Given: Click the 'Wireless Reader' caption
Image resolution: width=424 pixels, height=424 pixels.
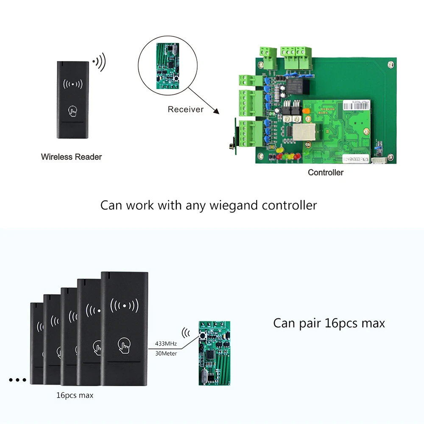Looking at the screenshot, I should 71,157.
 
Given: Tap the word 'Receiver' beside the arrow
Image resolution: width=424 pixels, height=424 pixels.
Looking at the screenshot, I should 185,109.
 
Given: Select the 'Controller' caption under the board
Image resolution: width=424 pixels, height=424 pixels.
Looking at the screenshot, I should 325,173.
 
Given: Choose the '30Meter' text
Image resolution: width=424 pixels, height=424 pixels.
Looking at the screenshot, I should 163,353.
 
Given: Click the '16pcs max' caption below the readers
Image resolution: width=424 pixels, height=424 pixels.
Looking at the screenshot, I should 75,395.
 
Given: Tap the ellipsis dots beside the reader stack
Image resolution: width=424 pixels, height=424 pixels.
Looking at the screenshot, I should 17,380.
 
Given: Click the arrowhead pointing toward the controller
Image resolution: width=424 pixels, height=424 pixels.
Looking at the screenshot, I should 217,112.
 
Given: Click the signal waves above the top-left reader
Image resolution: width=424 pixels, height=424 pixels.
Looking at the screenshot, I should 100,62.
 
